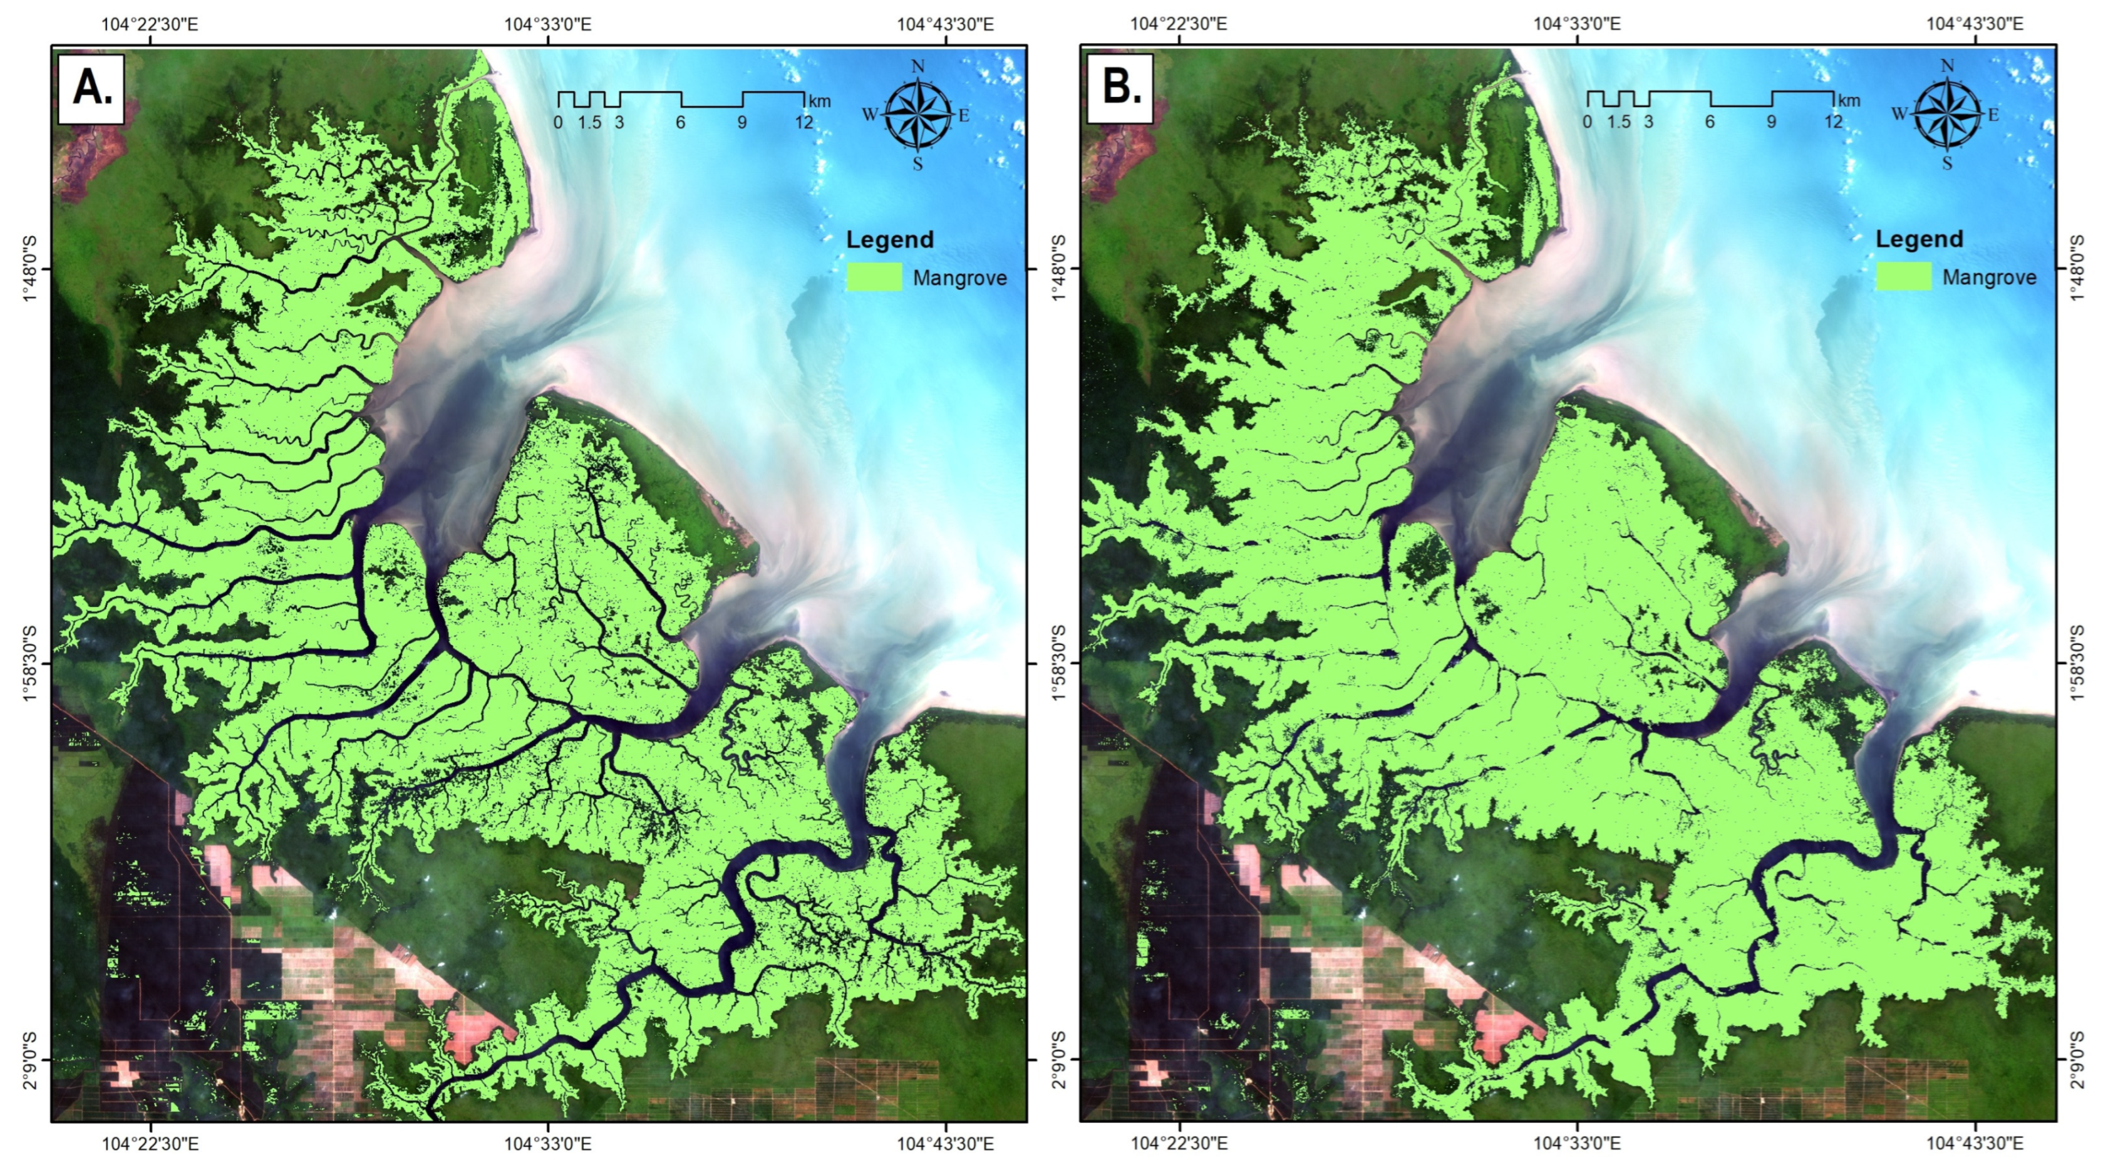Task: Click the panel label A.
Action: click(91, 88)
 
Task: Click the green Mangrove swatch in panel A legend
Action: click(874, 277)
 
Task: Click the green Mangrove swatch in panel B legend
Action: click(1904, 277)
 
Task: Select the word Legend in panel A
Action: click(890, 240)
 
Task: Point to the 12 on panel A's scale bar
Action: click(804, 123)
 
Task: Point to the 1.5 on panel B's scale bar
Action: click(1618, 123)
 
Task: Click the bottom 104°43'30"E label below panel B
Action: click(1975, 1144)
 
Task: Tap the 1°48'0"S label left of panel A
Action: click(31, 269)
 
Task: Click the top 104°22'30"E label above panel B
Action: click(1178, 24)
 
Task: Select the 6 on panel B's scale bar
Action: click(1710, 123)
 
